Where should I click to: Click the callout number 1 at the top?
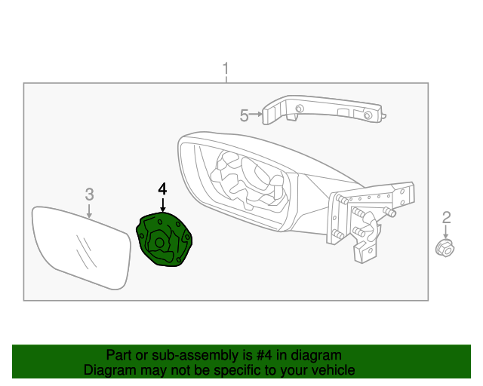225,70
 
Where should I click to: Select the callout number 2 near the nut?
446,218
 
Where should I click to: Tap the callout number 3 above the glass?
89,195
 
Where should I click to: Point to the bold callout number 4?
162,188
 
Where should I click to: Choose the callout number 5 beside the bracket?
244,115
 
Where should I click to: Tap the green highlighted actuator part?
165,240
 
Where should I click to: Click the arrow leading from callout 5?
257,115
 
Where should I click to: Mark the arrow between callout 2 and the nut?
446,231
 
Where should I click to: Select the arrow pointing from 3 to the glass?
89,210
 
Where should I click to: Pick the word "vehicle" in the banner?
331,370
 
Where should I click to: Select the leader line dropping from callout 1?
225,81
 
